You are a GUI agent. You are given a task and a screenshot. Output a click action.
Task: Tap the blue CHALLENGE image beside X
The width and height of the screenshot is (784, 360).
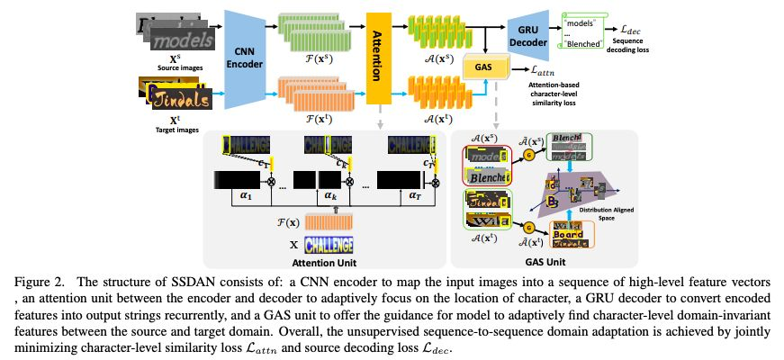(328, 244)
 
